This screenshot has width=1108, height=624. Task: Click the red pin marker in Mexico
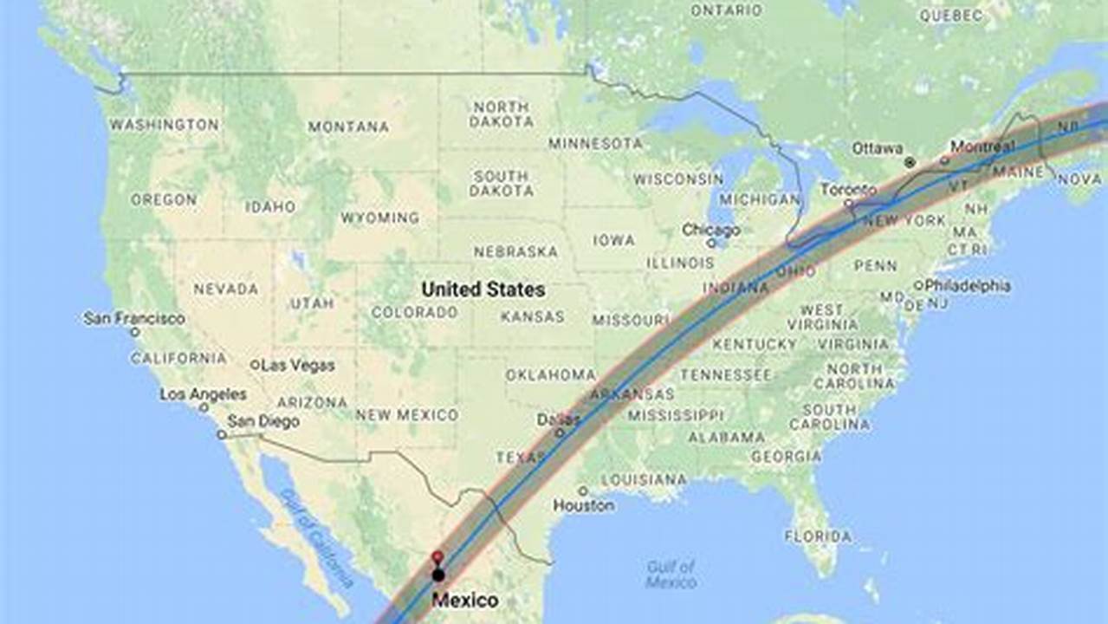(x=437, y=557)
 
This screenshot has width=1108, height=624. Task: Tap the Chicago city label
(x=710, y=231)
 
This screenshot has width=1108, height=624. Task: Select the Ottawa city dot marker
(x=909, y=162)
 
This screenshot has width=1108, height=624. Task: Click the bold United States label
(x=483, y=289)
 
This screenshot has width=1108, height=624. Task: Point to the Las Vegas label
(x=297, y=366)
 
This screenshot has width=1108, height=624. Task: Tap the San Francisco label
(x=134, y=319)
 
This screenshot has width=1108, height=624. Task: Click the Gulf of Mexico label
(x=671, y=574)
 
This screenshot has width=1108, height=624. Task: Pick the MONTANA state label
(x=348, y=127)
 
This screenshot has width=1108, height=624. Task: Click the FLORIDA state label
(x=818, y=536)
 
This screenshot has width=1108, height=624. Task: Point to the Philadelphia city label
(x=967, y=284)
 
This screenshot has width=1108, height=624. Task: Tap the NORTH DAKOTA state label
(x=501, y=114)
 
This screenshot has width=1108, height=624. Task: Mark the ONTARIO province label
(x=726, y=10)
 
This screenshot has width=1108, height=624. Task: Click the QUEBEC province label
(x=951, y=16)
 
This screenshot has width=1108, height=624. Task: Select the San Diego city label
(x=263, y=422)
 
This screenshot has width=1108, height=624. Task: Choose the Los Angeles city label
(x=203, y=395)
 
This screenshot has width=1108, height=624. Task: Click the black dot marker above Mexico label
(x=438, y=575)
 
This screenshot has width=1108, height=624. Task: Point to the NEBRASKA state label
(x=515, y=251)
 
